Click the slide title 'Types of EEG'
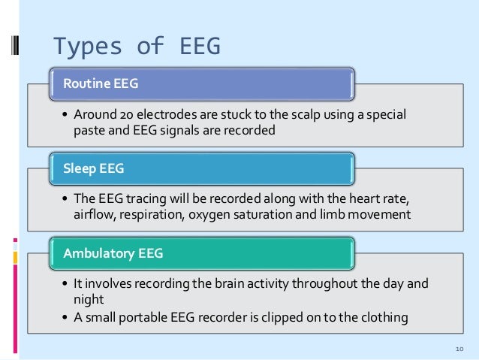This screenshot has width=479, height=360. (x=136, y=46)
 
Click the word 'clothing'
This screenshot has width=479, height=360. (x=384, y=316)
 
